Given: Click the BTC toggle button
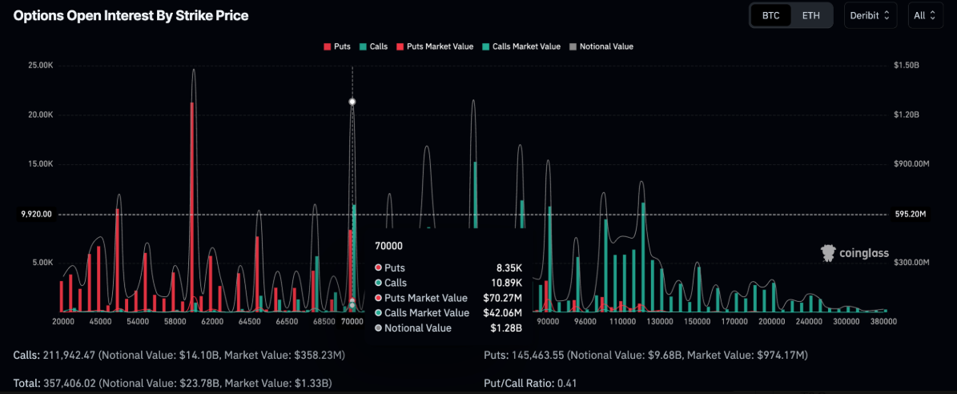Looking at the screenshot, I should point(770,15).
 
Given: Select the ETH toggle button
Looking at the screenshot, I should point(810,15).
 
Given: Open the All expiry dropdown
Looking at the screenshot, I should point(925,15).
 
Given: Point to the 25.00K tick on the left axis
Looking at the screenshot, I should point(39,65).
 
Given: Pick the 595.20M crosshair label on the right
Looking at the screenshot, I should point(909,215).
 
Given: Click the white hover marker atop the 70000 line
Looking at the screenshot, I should point(352,102).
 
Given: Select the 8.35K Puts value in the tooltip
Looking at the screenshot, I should point(508,267).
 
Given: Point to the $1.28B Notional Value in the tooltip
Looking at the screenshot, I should point(506,328).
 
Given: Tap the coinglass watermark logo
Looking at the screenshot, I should point(854,253).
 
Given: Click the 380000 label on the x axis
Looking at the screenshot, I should point(883,321).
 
